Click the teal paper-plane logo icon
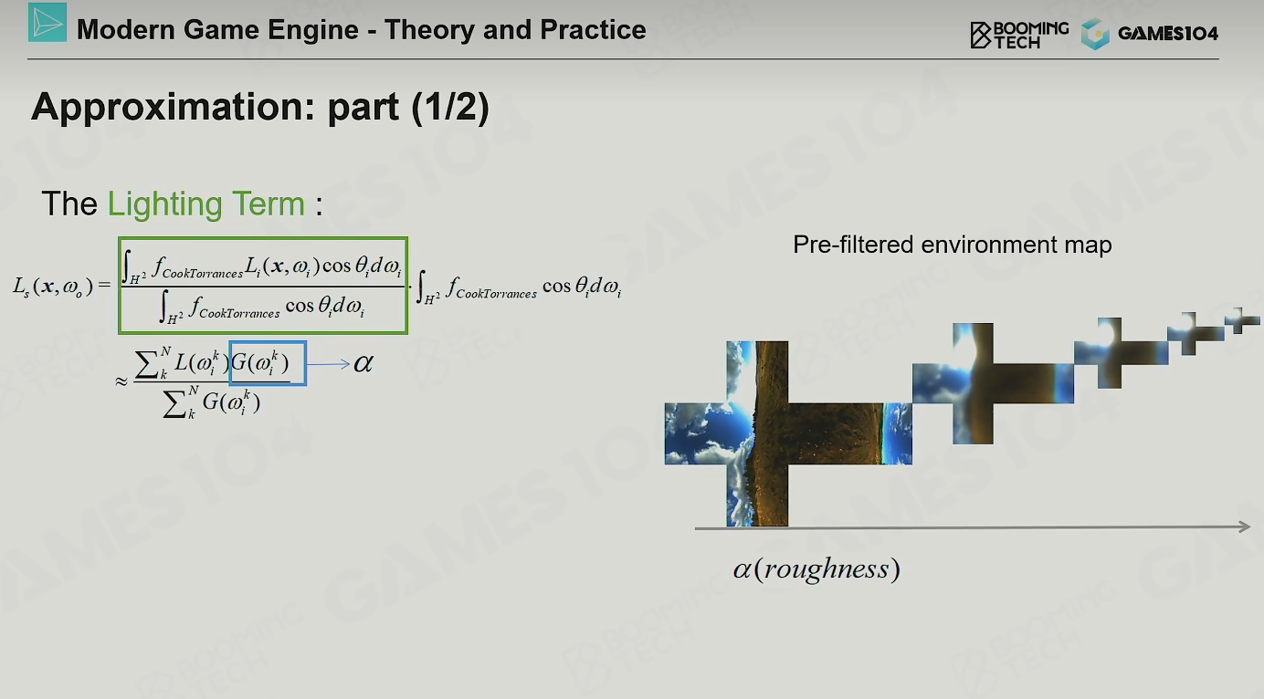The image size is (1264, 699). point(47,23)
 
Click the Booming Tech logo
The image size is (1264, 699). point(1019,35)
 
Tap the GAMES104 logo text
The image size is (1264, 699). point(1167,34)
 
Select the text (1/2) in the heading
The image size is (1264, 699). point(450,107)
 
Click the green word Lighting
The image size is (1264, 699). point(166,204)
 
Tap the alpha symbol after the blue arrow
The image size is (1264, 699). point(363,363)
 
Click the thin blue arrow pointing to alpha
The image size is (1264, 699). point(329,364)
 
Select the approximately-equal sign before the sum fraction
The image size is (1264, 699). point(121,382)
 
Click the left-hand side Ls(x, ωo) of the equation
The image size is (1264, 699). point(53,287)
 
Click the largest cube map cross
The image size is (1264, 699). point(788,433)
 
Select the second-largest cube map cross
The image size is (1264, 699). point(993,383)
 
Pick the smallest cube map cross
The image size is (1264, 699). point(1242,320)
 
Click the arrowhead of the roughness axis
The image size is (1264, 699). point(1244,527)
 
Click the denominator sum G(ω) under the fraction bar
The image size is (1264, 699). point(212,402)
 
